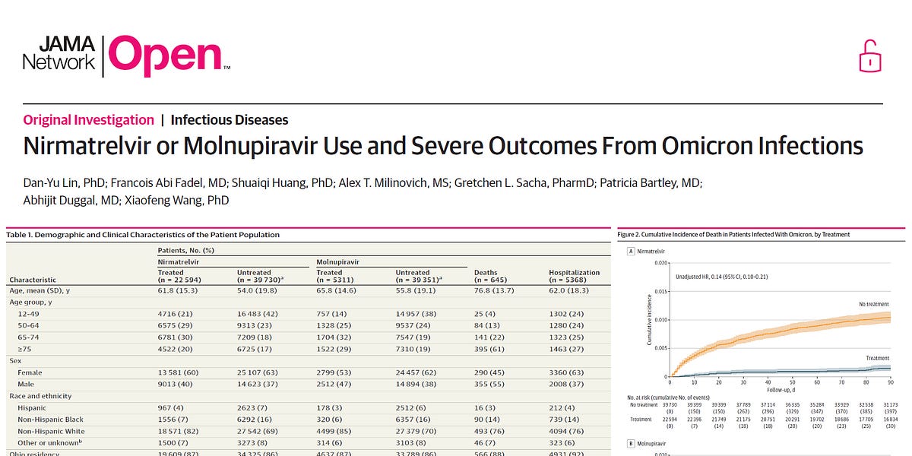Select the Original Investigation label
pos(89,119)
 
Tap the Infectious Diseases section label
pos(229,119)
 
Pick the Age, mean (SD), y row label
pos(43,290)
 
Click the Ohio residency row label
pos(36,454)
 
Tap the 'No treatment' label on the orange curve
pos(872,304)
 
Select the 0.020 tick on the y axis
pos(660,262)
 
